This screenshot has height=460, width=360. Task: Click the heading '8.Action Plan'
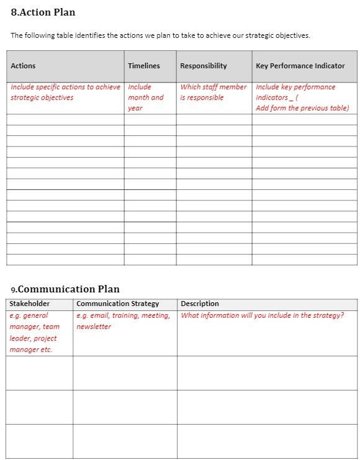coord(43,12)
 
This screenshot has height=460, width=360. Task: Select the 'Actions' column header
coord(23,66)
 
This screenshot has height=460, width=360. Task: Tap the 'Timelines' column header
coord(143,66)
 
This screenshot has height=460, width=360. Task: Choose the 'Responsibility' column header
coord(203,66)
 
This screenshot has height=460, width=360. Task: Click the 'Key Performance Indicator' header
coord(300,66)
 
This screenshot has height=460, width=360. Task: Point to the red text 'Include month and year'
coord(145,97)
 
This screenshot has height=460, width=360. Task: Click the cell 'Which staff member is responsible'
coord(213,92)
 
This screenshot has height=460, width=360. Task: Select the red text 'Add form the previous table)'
coord(302,108)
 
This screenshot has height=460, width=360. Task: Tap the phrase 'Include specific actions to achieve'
coord(65,87)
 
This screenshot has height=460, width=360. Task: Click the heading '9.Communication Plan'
coord(65,289)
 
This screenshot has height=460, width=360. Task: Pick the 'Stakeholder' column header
coord(29,304)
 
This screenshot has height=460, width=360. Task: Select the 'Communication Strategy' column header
coord(117,304)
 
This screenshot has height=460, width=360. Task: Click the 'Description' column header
coord(199,304)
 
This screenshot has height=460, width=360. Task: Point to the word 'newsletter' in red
coord(94,327)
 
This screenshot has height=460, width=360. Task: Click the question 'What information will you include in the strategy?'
coord(262,315)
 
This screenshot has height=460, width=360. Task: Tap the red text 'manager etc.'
coord(30,350)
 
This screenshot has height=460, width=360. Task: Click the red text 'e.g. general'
coord(29,315)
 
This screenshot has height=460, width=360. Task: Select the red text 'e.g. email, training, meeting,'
coord(123,315)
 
